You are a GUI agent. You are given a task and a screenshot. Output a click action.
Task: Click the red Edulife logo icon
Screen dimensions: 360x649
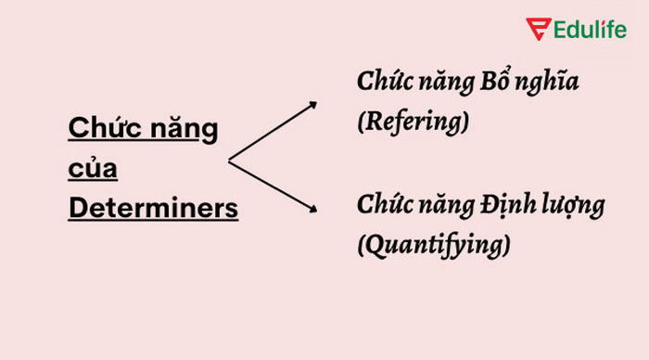(539, 30)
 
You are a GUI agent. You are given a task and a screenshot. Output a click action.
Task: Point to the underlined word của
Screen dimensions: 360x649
(93, 170)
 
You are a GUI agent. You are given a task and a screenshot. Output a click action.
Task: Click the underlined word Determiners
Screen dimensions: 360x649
(153, 208)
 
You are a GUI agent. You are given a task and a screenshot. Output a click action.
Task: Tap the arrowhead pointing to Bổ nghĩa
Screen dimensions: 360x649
(312, 105)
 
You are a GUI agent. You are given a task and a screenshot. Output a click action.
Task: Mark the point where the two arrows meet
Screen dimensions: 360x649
(229, 161)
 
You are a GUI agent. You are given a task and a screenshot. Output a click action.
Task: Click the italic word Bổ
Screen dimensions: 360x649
(494, 82)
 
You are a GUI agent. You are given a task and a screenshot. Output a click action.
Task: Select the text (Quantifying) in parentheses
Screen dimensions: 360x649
(434, 245)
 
